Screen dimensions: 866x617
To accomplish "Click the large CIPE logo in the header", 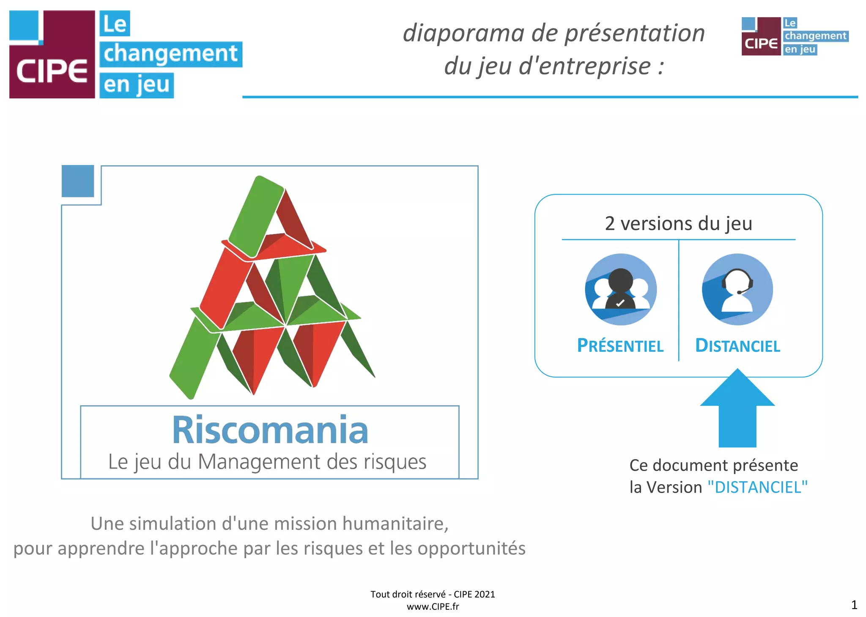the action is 126,55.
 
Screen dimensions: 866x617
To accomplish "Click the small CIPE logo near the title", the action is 795,36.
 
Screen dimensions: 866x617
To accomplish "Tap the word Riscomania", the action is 270,430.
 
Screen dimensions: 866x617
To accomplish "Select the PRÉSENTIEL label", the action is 620,345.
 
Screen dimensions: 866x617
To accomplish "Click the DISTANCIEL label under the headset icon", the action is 738,345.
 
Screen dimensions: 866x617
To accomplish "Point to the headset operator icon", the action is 737,289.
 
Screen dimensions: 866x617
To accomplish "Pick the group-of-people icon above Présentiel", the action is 621,289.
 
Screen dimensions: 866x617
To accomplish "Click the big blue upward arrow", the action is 737,408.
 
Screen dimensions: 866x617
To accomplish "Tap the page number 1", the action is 854,605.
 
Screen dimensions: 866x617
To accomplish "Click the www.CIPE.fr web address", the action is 433,606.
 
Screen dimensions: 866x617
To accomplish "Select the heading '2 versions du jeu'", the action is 679,223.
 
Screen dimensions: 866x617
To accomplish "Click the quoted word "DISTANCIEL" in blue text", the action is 758,487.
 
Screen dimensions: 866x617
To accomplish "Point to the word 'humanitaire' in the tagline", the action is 395,523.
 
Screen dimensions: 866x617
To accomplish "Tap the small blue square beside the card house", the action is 78,181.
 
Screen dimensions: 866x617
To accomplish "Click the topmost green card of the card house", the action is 256,216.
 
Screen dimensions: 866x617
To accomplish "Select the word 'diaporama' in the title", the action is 463,33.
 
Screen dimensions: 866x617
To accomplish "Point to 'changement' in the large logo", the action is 171,54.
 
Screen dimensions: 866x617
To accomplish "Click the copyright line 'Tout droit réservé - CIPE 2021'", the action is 433,594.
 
